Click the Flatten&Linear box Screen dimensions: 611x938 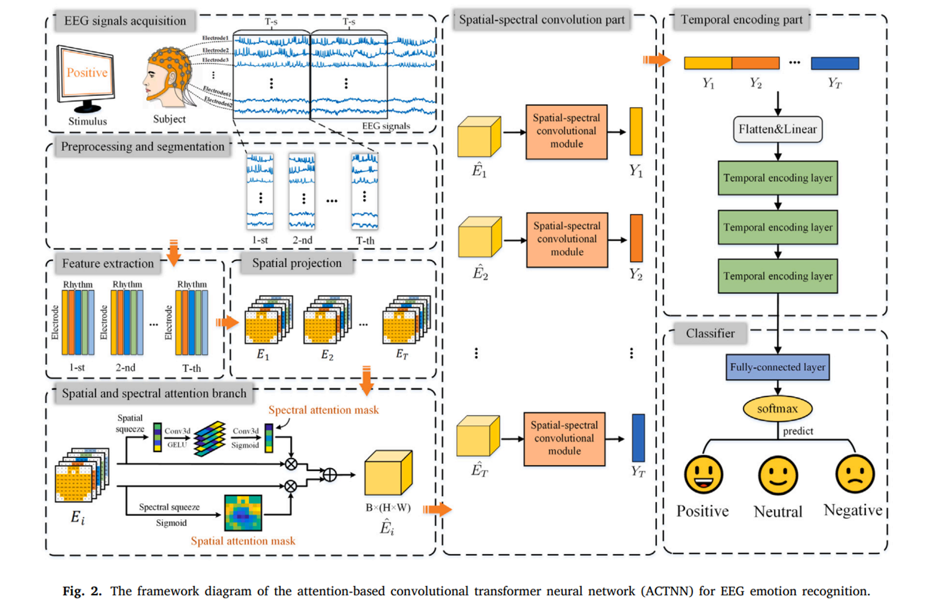(x=777, y=129)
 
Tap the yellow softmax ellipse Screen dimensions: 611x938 (x=777, y=408)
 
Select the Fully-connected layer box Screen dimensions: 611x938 (x=777, y=367)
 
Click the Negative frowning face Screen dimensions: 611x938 (x=855, y=475)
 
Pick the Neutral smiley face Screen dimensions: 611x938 (x=778, y=475)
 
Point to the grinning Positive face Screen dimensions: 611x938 (x=703, y=475)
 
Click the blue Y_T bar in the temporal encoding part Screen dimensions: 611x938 (x=835, y=63)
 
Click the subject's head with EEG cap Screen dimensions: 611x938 (x=168, y=75)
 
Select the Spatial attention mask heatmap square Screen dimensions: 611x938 (x=243, y=513)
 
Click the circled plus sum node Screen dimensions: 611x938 (x=330, y=475)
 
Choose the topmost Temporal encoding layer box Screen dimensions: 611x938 (x=777, y=178)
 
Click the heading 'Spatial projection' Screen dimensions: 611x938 (x=296, y=263)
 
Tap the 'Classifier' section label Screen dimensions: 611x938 (x=710, y=333)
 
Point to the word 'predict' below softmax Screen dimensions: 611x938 (x=798, y=431)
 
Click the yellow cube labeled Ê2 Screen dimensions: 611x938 (x=479, y=237)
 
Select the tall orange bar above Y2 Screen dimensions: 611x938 (x=636, y=238)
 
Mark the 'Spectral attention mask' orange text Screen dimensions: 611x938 (x=323, y=410)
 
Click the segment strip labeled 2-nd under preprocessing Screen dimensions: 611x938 (x=302, y=191)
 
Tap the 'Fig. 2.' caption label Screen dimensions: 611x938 (x=82, y=591)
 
